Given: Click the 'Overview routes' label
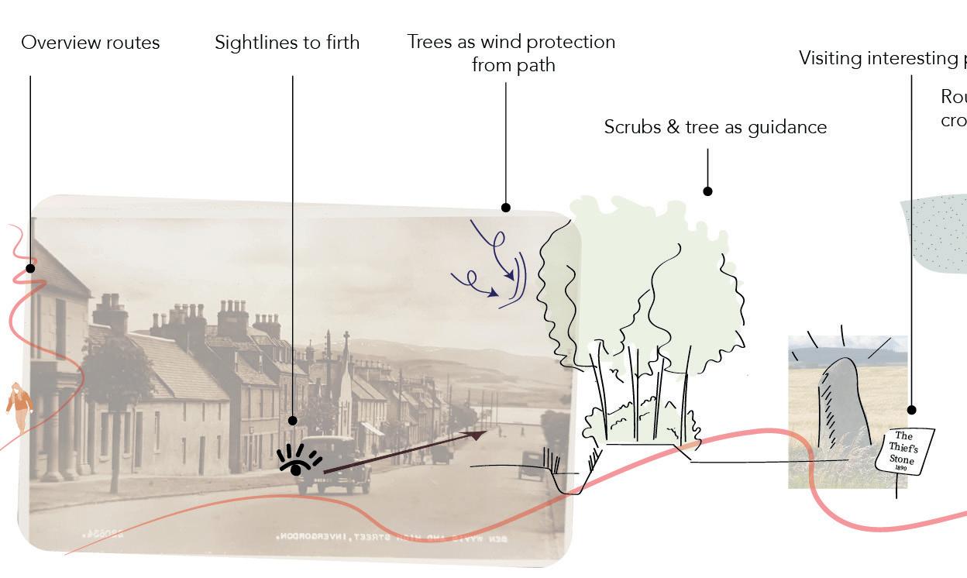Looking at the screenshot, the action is (x=90, y=43).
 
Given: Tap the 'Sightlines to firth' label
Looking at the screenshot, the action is (x=287, y=43).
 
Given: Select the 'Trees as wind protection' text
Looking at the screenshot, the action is (x=511, y=43).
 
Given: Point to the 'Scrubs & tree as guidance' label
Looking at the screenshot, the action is (x=715, y=127).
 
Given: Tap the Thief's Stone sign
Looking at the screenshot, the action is (x=903, y=450).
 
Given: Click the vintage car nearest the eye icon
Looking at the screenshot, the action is (x=336, y=464).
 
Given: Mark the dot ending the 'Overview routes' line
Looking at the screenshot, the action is (x=30, y=268).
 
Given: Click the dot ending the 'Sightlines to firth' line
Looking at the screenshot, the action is (x=292, y=421).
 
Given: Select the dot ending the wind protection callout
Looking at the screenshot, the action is (x=506, y=207).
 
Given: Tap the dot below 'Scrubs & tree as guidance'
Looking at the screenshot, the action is (x=707, y=191).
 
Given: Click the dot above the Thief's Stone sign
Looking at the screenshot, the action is (x=911, y=410).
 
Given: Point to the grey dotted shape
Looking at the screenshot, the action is (x=938, y=232).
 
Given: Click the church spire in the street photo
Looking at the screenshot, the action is (x=346, y=364).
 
